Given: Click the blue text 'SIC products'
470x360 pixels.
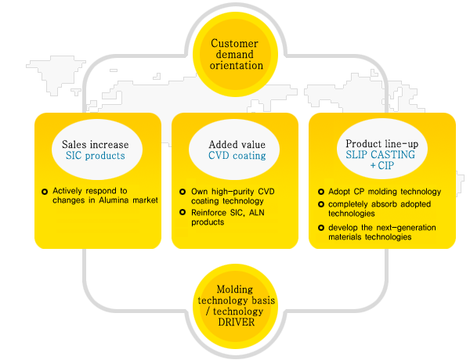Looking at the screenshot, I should pyautogui.click(x=95, y=156).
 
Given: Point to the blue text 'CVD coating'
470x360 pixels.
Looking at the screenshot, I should pyautogui.click(x=237, y=156).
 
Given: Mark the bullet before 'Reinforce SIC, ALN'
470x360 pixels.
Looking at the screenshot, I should pyautogui.click(x=182, y=212).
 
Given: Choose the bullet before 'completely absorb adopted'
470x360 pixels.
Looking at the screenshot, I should pyautogui.click(x=321, y=204).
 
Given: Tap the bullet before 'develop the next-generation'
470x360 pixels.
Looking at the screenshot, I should pyautogui.click(x=321, y=227).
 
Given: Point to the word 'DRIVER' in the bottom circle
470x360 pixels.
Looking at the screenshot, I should pyautogui.click(x=237, y=323).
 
